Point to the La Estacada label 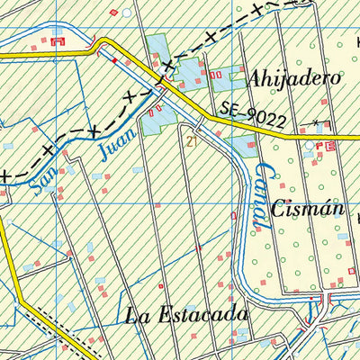click(186, 316)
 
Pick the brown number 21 click(191, 141)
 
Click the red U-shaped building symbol click(59, 40)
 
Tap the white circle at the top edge click(127, 13)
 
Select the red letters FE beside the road click(330, 145)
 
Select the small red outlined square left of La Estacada click(160, 286)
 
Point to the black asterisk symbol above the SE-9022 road click(316, 121)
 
